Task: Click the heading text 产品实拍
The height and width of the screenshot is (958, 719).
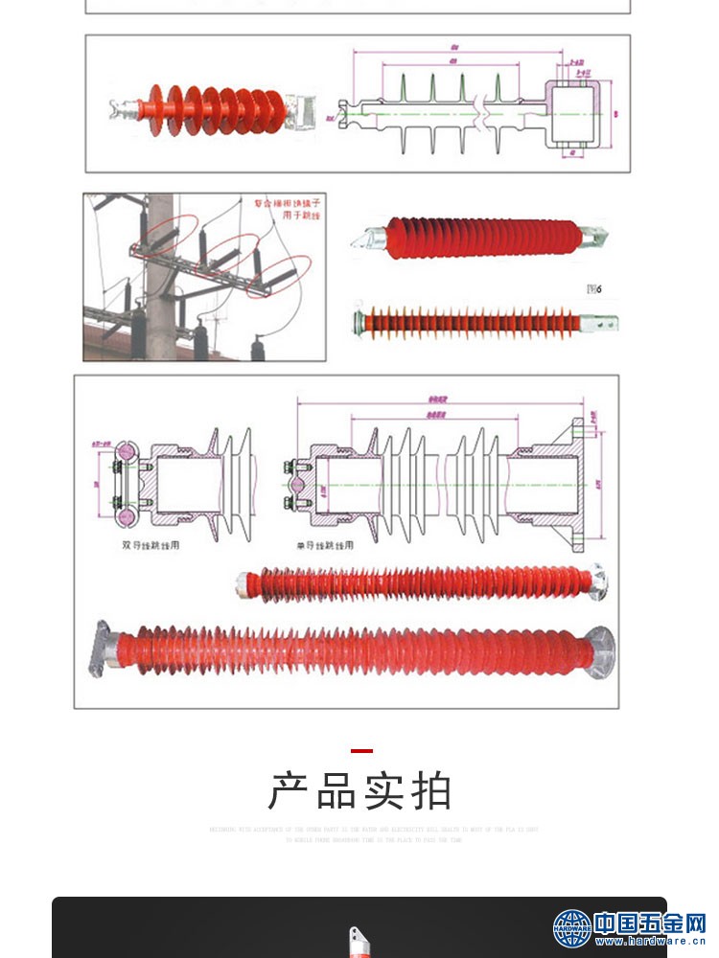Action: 359,792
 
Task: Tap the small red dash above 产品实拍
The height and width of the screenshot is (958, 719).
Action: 360,751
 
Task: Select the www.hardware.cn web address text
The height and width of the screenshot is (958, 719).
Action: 650,942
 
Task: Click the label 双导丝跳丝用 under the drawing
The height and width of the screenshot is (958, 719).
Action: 151,545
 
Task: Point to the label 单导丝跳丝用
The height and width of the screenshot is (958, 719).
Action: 324,545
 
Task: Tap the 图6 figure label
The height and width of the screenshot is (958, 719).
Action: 594,288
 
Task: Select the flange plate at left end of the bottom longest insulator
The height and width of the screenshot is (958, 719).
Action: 102,650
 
